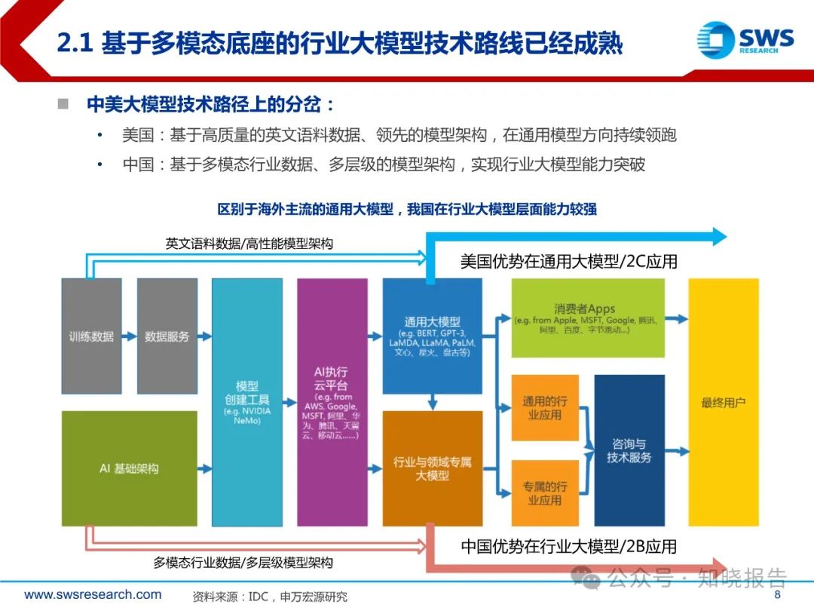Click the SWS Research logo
pyautogui.click(x=745, y=38)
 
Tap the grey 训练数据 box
pyautogui.click(x=91, y=336)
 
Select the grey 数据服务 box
pyautogui.click(x=167, y=336)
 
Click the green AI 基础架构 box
pyautogui.click(x=129, y=468)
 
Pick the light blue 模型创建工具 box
pyautogui.click(x=246, y=402)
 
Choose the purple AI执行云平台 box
pyautogui.click(x=332, y=402)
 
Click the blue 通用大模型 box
pyautogui.click(x=432, y=336)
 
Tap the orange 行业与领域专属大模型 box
pyautogui.click(x=432, y=468)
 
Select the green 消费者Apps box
pyautogui.click(x=587, y=318)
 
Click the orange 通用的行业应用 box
pyautogui.click(x=544, y=407)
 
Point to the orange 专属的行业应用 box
pyautogui.click(x=544, y=493)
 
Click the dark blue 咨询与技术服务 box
pyautogui.click(x=629, y=450)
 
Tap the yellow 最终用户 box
pyautogui.click(x=723, y=402)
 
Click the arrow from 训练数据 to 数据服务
pyautogui.click(x=129, y=336)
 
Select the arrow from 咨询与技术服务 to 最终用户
pyautogui.click(x=676, y=451)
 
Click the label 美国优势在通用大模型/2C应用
pyautogui.click(x=569, y=262)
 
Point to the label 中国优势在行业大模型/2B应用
pyautogui.click(x=569, y=545)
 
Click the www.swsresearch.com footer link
pyautogui.click(x=93, y=594)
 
